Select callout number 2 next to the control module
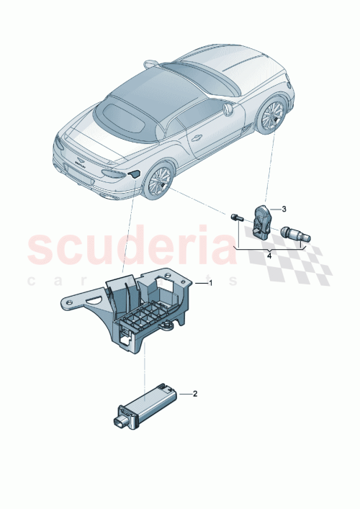coord(194,394)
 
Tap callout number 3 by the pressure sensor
coord(283,209)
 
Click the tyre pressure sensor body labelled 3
coord(263,217)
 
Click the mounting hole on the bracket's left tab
coord(71,304)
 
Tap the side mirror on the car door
coord(229,109)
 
